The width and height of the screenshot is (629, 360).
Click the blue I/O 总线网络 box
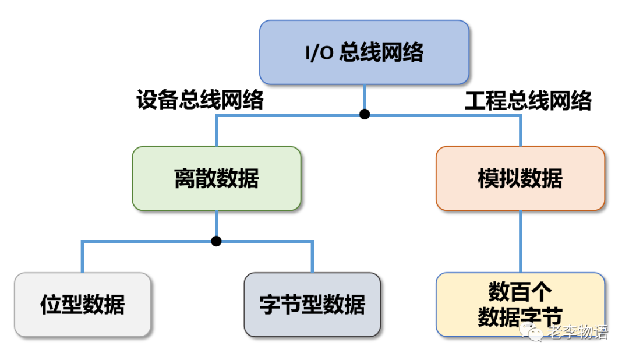click(x=364, y=52)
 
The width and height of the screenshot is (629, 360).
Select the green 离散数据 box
click(x=216, y=178)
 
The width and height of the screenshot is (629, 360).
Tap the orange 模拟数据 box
click(x=520, y=178)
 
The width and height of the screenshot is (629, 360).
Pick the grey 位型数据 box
click(x=82, y=304)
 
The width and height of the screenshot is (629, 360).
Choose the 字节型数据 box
click(x=312, y=304)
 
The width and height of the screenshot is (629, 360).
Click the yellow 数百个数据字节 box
click(x=520, y=304)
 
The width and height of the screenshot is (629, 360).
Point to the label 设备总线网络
click(x=200, y=100)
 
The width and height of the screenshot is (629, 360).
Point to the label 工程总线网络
click(x=528, y=100)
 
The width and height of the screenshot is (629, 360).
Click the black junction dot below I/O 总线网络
click(x=365, y=114)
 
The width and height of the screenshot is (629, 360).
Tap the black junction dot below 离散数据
click(x=217, y=241)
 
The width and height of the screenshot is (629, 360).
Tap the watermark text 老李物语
click(x=577, y=333)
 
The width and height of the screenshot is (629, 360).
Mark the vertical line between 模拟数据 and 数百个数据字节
click(x=520, y=241)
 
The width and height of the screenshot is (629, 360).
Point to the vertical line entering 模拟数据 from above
click(x=520, y=130)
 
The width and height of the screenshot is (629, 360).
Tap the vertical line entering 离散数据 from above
click(x=217, y=130)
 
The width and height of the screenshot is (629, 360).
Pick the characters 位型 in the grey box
click(x=61, y=304)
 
